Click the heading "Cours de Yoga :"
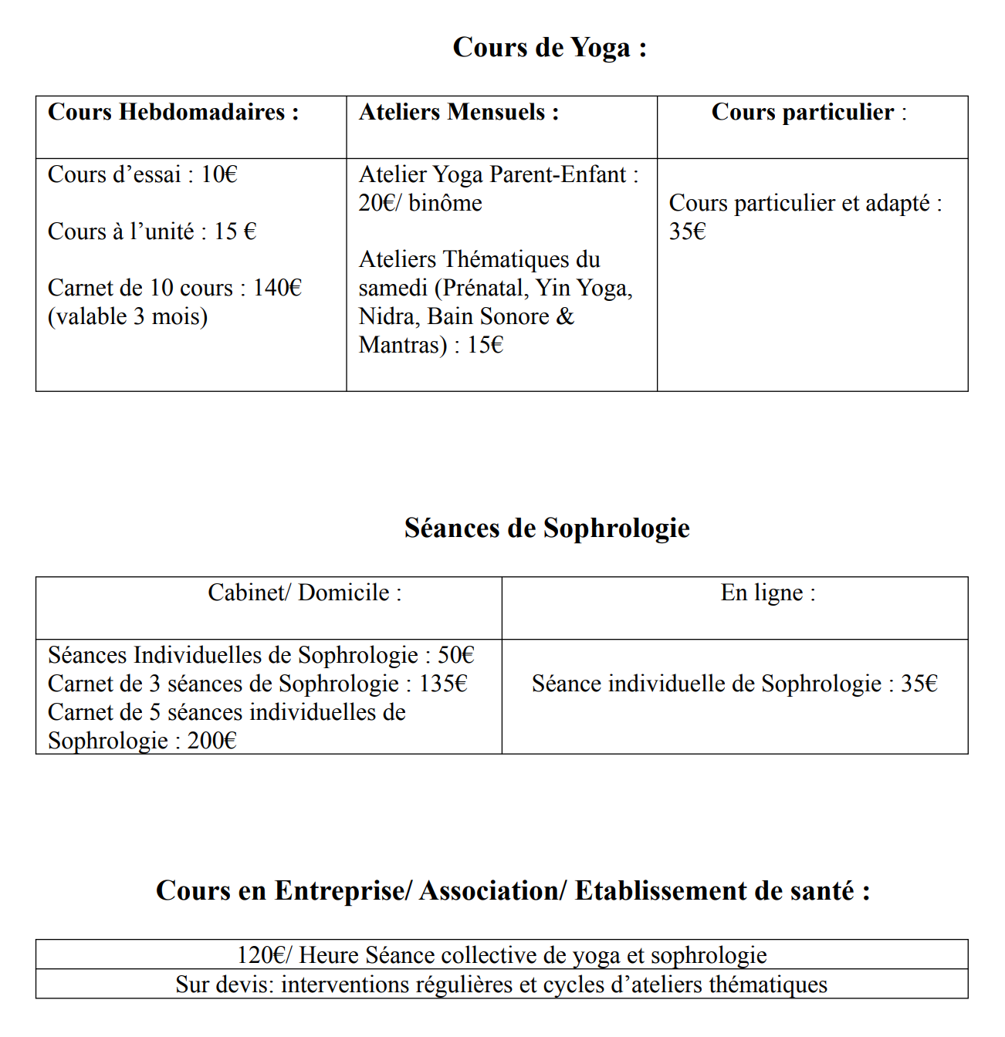(550, 48)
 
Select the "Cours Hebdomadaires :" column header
(173, 113)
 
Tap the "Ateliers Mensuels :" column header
(459, 113)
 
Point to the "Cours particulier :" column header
(808, 113)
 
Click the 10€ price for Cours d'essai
(219, 175)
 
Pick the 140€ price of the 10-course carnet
(277, 289)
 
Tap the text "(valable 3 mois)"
(127, 317)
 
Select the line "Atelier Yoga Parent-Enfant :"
(499, 175)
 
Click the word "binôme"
(445, 204)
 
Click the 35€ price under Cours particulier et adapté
(687, 232)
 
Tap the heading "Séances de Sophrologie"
(546, 529)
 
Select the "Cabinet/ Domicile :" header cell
(305, 593)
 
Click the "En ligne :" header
(768, 593)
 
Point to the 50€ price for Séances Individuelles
(455, 656)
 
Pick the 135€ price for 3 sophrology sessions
(443, 684)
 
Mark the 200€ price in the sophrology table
(211, 741)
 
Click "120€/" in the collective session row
(264, 956)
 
